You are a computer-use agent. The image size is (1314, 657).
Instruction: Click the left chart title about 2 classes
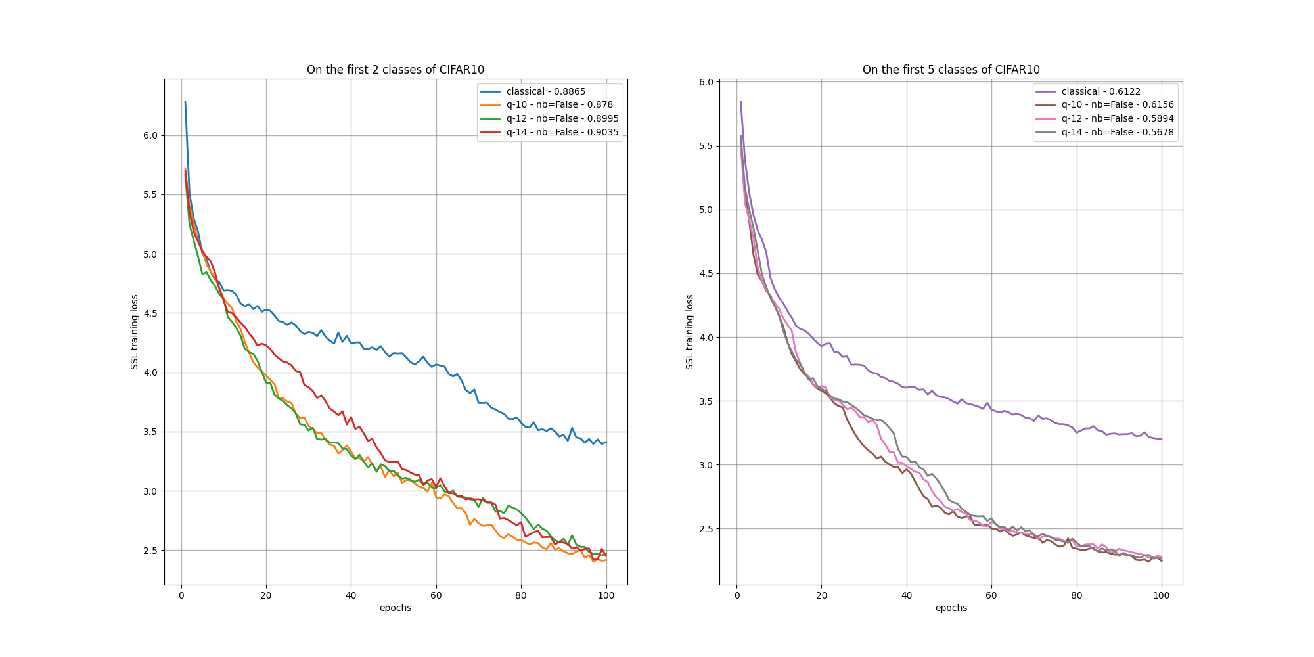click(395, 70)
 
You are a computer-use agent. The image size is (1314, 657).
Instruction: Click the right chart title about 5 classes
click(951, 70)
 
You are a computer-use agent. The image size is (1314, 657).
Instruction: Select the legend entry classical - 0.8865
click(545, 91)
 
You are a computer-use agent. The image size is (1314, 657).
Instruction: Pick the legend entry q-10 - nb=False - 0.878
click(559, 104)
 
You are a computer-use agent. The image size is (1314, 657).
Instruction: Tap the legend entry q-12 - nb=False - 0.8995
click(562, 118)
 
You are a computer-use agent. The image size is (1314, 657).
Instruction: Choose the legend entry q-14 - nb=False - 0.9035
click(562, 132)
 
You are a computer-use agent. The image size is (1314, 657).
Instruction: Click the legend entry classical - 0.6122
click(1100, 91)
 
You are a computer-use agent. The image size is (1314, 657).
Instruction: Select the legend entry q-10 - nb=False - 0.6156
click(1117, 104)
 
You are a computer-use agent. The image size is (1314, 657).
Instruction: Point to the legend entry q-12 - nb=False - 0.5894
click(1117, 118)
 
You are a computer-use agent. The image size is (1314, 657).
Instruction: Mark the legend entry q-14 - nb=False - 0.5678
click(1117, 132)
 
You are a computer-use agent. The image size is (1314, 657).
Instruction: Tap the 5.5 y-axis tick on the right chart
click(706, 146)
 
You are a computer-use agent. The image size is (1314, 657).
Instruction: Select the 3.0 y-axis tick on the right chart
click(706, 465)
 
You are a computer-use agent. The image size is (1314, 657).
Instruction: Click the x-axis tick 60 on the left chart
click(436, 595)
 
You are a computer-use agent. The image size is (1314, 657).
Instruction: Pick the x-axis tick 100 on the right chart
click(1162, 595)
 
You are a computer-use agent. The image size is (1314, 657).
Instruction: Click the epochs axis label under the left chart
click(395, 608)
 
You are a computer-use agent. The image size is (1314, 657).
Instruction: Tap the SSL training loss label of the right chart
click(690, 332)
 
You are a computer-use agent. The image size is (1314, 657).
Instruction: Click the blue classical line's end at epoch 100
click(606, 442)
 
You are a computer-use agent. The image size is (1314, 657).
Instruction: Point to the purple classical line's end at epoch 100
click(1162, 439)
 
